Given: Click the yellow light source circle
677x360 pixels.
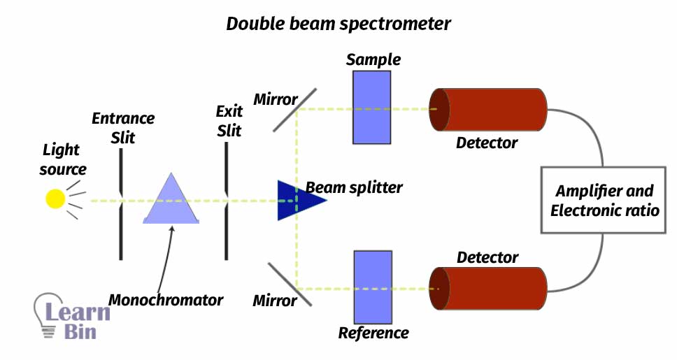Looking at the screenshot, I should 55,199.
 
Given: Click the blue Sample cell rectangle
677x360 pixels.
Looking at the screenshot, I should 371,108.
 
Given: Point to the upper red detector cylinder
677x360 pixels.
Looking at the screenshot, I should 490,110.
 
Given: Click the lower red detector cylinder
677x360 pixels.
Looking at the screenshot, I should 490,288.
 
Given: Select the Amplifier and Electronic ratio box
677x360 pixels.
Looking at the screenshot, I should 604,200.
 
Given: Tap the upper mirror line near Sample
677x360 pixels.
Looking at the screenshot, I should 294,110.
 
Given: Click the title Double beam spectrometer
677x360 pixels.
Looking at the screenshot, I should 338,24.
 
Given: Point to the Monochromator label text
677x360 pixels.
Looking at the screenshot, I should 166,301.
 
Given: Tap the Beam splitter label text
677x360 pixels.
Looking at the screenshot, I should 355,187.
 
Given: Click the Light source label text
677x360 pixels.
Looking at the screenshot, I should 62,159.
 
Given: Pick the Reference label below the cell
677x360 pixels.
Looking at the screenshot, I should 373,333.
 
